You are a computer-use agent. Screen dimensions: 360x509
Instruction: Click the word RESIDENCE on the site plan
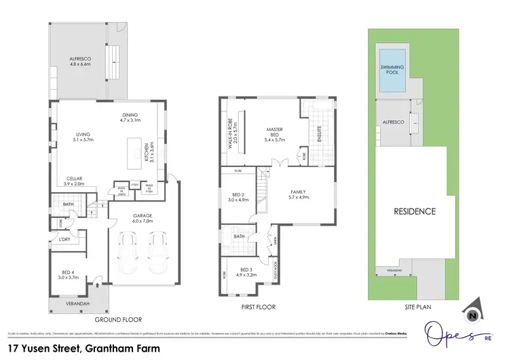tap(415, 211)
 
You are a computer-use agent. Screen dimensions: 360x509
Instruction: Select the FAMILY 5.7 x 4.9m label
tap(299, 194)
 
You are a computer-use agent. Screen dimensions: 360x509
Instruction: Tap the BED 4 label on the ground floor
tap(69, 275)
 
